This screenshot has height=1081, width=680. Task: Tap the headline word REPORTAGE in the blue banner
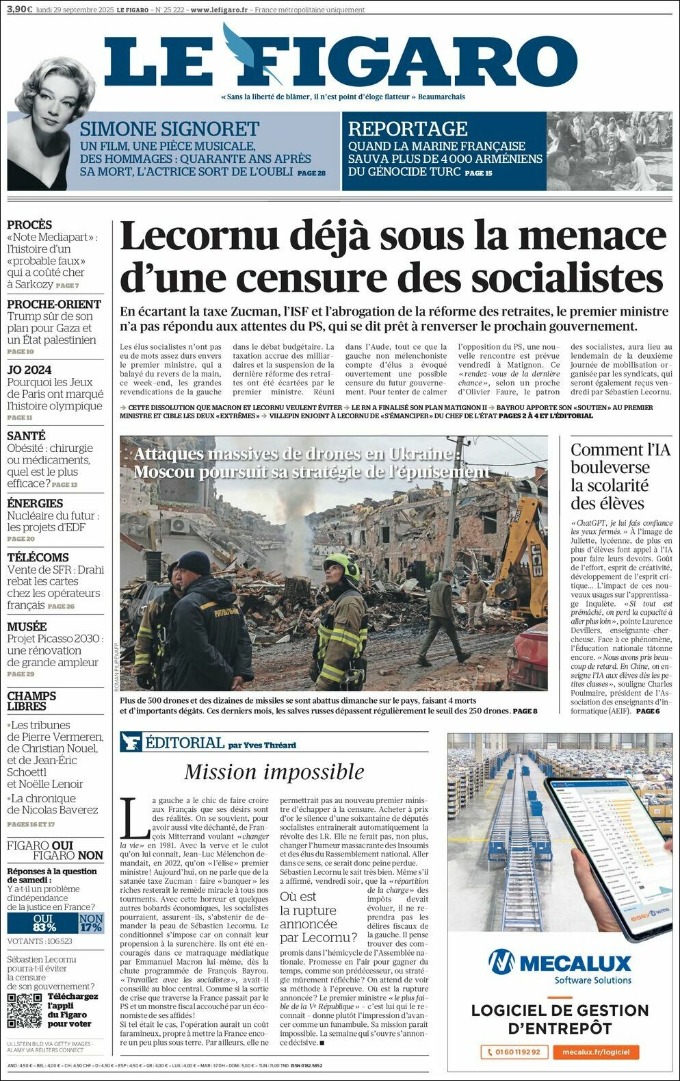(x=408, y=129)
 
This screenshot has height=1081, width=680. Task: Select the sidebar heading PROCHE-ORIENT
(x=54, y=304)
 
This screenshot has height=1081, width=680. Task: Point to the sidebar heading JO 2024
(x=29, y=370)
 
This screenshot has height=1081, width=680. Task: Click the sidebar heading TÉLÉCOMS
(x=38, y=557)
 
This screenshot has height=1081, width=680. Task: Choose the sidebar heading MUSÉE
(x=27, y=626)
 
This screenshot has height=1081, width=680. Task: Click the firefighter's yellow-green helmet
(x=341, y=565)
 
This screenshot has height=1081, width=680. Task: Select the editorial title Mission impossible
(x=274, y=772)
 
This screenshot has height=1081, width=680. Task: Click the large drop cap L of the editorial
(x=135, y=817)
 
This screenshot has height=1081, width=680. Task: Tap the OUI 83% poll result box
(x=44, y=923)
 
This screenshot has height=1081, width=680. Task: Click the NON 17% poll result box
(x=91, y=923)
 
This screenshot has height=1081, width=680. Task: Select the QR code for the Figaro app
(x=25, y=1010)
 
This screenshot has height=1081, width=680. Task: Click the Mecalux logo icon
(x=501, y=962)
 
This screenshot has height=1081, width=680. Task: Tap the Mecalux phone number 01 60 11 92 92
(x=513, y=1052)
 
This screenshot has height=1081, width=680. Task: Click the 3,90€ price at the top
(x=20, y=10)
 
